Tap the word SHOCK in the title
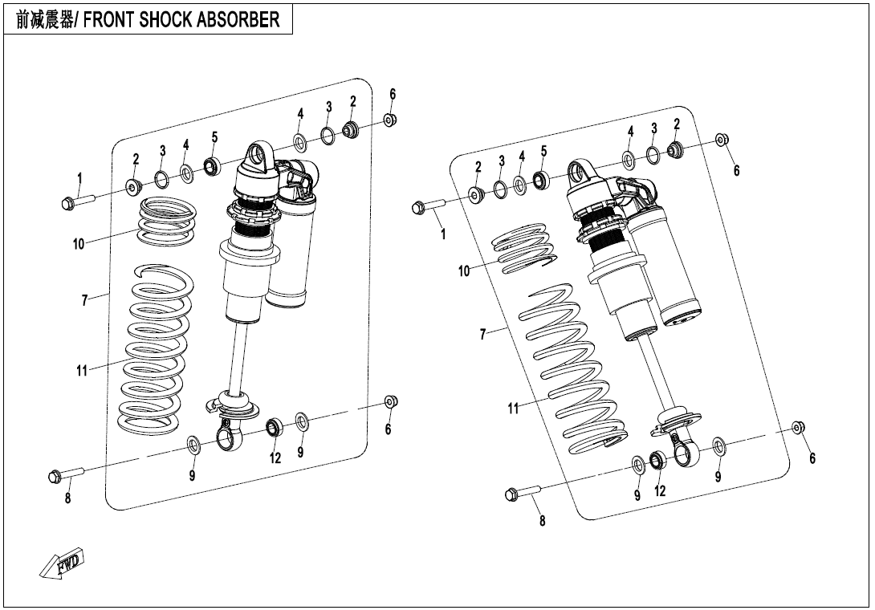(165, 20)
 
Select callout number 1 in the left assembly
(79, 177)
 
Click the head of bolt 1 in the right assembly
(417, 209)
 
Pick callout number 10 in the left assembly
(79, 244)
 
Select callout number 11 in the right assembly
(514, 409)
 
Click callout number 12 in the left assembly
(275, 458)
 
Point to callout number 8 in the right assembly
(542, 522)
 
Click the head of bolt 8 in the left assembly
(55, 477)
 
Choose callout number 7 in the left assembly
(84, 300)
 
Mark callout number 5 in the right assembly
(543, 151)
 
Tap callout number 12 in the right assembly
(660, 491)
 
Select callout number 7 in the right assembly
(483, 334)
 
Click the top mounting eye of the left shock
(258, 155)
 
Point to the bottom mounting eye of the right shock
(683, 455)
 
